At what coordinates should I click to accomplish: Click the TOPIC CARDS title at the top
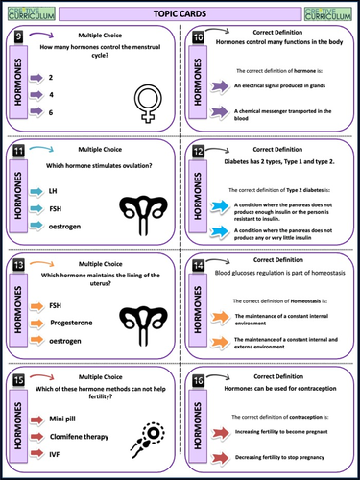[x=180, y=12]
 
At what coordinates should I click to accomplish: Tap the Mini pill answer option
[x=90, y=420]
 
